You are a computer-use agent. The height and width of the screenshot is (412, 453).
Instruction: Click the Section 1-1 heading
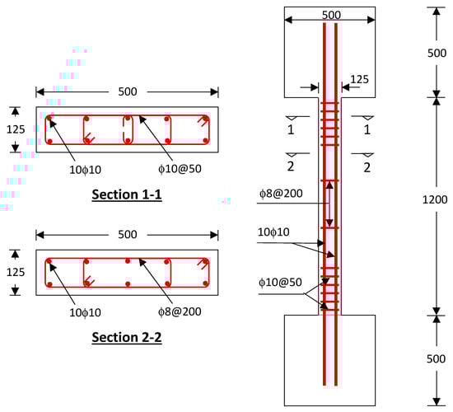click(x=127, y=194)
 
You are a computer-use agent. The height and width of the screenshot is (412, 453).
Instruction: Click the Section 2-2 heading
click(x=127, y=337)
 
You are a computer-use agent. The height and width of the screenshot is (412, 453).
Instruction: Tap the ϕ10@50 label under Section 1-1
click(x=180, y=169)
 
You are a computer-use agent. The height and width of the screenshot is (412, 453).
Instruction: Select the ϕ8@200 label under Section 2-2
click(x=180, y=311)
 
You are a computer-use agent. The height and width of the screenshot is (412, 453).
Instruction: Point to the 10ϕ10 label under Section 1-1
click(x=85, y=170)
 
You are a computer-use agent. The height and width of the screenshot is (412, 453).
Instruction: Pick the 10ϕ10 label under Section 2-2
click(x=85, y=312)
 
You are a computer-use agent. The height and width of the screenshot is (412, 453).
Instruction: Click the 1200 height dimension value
click(x=435, y=199)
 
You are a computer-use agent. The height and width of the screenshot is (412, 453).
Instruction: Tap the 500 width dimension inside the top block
click(x=331, y=15)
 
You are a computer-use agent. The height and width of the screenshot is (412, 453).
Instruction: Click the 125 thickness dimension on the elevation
click(x=359, y=79)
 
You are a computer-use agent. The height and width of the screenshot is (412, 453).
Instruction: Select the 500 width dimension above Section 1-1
click(x=128, y=91)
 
